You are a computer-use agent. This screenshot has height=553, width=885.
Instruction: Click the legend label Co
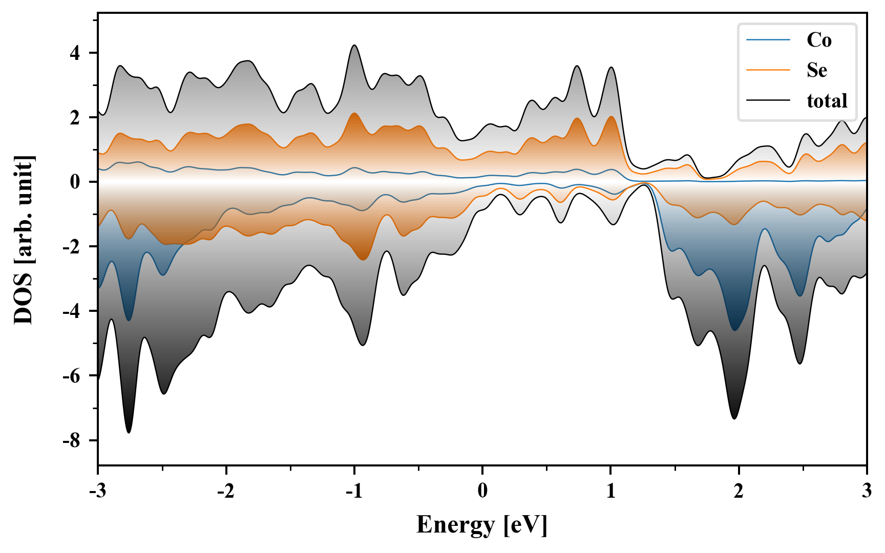(x=819, y=40)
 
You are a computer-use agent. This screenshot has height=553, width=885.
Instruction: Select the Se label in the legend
(x=817, y=70)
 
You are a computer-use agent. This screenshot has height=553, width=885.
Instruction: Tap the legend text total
(x=827, y=101)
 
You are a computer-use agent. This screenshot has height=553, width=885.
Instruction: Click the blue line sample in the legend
(x=768, y=40)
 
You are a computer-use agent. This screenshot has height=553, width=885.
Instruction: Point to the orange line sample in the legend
(x=768, y=70)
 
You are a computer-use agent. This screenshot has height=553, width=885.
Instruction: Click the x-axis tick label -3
(x=97, y=491)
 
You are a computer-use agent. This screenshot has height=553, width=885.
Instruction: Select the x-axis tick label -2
(x=225, y=491)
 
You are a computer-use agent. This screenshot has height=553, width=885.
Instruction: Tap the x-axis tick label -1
(x=353, y=491)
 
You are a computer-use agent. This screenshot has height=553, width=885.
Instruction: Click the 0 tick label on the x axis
(x=482, y=491)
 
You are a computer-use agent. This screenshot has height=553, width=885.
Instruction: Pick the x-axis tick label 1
(x=610, y=491)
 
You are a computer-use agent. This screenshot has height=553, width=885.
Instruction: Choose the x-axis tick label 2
(x=739, y=491)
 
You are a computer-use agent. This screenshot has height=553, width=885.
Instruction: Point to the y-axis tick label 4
(x=75, y=53)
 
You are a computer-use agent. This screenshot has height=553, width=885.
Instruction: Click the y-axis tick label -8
(x=72, y=440)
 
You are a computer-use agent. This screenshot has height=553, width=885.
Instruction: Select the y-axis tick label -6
(x=72, y=376)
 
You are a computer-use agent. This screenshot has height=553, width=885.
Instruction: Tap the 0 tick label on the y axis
(x=75, y=182)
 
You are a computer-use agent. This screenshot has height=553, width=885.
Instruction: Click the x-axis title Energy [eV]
(x=482, y=525)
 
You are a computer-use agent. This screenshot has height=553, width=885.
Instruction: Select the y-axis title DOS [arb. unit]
(x=24, y=240)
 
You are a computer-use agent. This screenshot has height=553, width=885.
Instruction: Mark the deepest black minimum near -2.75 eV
(x=129, y=432)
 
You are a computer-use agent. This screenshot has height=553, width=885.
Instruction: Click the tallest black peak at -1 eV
(x=354, y=46)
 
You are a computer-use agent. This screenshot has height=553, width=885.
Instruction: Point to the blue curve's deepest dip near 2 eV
(x=735, y=330)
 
